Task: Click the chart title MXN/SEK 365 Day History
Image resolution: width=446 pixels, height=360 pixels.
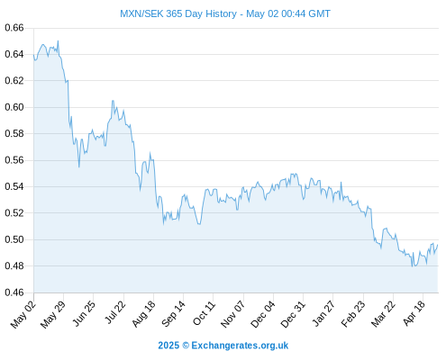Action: tap(178, 13)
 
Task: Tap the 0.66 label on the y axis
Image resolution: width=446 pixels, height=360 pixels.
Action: tap(14, 28)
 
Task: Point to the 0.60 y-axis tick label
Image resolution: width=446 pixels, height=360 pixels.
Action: tap(14, 107)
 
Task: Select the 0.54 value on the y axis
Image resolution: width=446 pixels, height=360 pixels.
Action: tap(14, 186)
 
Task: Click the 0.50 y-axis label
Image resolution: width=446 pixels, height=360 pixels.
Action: tap(14, 239)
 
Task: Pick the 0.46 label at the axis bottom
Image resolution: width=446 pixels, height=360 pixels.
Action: tap(14, 292)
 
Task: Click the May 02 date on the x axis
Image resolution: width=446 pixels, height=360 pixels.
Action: tap(23, 314)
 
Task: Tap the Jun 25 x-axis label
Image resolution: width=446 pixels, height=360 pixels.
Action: tap(84, 313)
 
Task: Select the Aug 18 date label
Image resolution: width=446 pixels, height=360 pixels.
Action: tap(144, 314)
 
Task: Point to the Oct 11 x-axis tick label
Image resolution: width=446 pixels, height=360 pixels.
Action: tap(204, 313)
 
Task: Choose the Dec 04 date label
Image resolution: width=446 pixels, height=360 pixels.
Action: tap(263, 314)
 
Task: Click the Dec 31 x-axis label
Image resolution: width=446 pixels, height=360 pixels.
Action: tap(293, 314)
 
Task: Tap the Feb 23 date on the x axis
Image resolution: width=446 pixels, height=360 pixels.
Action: tap(353, 314)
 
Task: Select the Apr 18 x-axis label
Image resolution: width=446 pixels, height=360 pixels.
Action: tap(414, 313)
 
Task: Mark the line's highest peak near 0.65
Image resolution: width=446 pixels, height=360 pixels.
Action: tap(58, 40)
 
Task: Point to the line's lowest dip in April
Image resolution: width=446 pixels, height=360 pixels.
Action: tap(413, 266)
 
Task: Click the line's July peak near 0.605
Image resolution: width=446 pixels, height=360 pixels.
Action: tap(113, 101)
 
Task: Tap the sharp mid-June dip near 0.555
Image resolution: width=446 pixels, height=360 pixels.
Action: tap(79, 167)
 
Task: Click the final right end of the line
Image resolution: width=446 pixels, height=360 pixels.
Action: tap(438, 245)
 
